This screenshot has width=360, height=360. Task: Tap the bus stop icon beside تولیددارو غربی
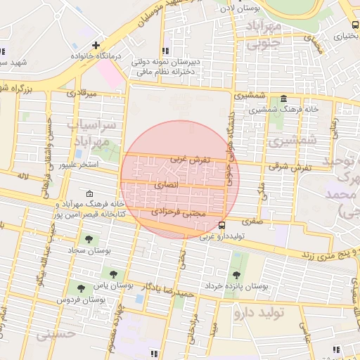pyautogui.click(x=222, y=226)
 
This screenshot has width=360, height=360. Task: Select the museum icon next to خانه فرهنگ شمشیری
pyautogui.click(x=283, y=98)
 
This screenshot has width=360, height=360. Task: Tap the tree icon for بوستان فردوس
pyautogui.click(x=81, y=288)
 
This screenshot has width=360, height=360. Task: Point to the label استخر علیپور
pyautogui.click(x=77, y=165)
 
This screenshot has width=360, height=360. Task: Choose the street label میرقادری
pyautogui.click(x=79, y=92)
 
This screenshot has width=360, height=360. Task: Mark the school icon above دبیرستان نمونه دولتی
pyautogui.click(x=167, y=51)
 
